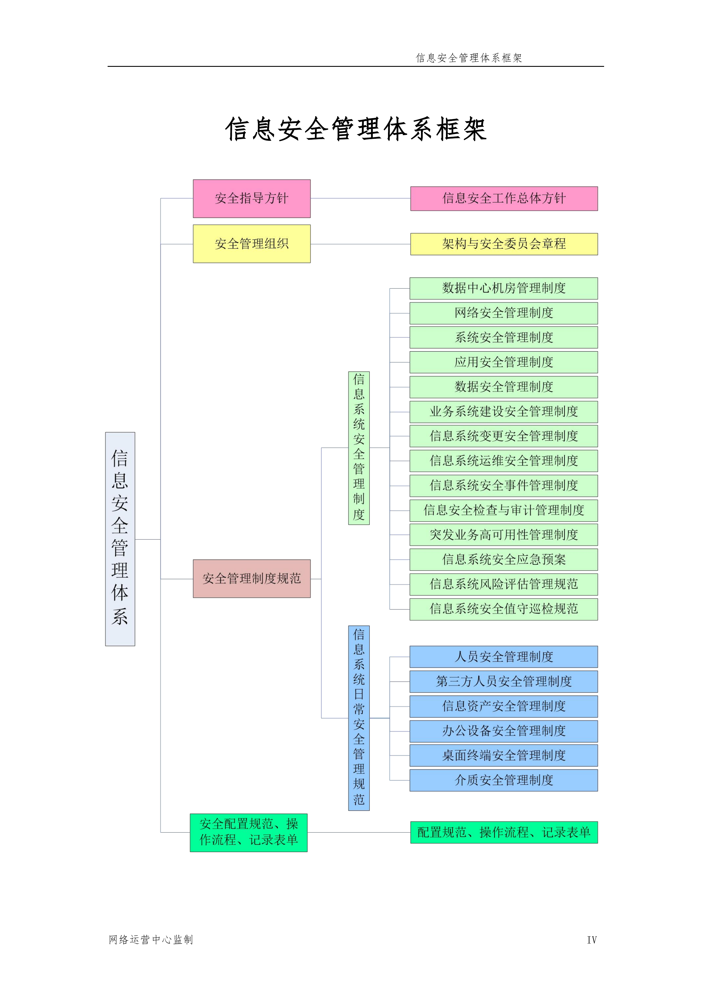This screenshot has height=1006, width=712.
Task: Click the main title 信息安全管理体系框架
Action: pyautogui.click(x=356, y=129)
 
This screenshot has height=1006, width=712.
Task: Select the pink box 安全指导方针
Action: pyautogui.click(x=252, y=198)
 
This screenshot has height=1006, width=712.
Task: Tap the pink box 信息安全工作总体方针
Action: pyautogui.click(x=504, y=198)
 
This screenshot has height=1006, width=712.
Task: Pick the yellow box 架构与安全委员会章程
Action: pyautogui.click(x=504, y=244)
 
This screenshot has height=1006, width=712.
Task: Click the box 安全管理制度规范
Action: pyautogui.click(x=252, y=578)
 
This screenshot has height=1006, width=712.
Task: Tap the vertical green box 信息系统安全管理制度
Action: pyautogui.click(x=359, y=448)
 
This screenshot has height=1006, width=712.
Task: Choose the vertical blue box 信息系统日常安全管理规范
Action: pyautogui.click(x=359, y=718)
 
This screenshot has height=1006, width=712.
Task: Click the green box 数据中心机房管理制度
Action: pyautogui.click(x=503, y=288)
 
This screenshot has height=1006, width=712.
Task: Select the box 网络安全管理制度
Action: pyautogui.click(x=503, y=313)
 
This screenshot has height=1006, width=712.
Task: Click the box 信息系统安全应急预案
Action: pyautogui.click(x=503, y=559)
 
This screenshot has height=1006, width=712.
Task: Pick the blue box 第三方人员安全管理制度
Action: pyautogui.click(x=503, y=681)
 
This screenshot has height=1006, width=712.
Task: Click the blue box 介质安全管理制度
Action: pyautogui.click(x=503, y=780)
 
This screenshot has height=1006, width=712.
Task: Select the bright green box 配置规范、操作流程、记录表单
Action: pyautogui.click(x=504, y=832)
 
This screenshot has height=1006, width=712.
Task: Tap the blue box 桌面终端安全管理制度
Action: pyautogui.click(x=503, y=755)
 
